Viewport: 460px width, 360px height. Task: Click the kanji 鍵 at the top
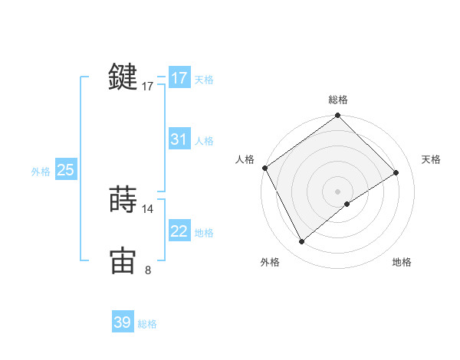pyautogui.click(x=123, y=77)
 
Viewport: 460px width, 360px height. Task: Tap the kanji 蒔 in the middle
pyautogui.click(x=123, y=199)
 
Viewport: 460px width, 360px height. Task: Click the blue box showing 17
pyautogui.click(x=179, y=78)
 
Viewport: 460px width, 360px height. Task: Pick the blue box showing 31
pyautogui.click(x=179, y=139)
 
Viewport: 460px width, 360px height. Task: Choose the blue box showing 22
pyautogui.click(x=179, y=231)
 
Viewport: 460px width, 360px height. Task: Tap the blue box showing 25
pyautogui.click(x=66, y=170)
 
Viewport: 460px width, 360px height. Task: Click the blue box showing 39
pyautogui.click(x=123, y=322)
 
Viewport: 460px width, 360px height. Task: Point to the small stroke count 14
pyautogui.click(x=148, y=208)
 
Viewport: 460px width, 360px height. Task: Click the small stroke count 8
pyautogui.click(x=148, y=270)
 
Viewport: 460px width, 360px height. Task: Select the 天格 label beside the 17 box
pyautogui.click(x=204, y=79)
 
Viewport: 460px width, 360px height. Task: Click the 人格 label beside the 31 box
pyautogui.click(x=204, y=141)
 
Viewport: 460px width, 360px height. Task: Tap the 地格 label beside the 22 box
pyautogui.click(x=204, y=233)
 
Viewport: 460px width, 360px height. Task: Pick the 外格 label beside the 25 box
pyautogui.click(x=41, y=172)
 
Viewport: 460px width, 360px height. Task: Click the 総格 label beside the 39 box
pyautogui.click(x=147, y=324)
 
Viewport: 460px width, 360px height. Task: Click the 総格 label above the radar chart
pyautogui.click(x=338, y=100)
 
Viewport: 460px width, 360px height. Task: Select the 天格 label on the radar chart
pyautogui.click(x=432, y=159)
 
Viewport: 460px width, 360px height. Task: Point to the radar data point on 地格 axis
pyautogui.click(x=347, y=204)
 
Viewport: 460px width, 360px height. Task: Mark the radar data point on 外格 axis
pyautogui.click(x=302, y=242)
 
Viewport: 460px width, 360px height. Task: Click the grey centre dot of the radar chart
pyautogui.click(x=338, y=191)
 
